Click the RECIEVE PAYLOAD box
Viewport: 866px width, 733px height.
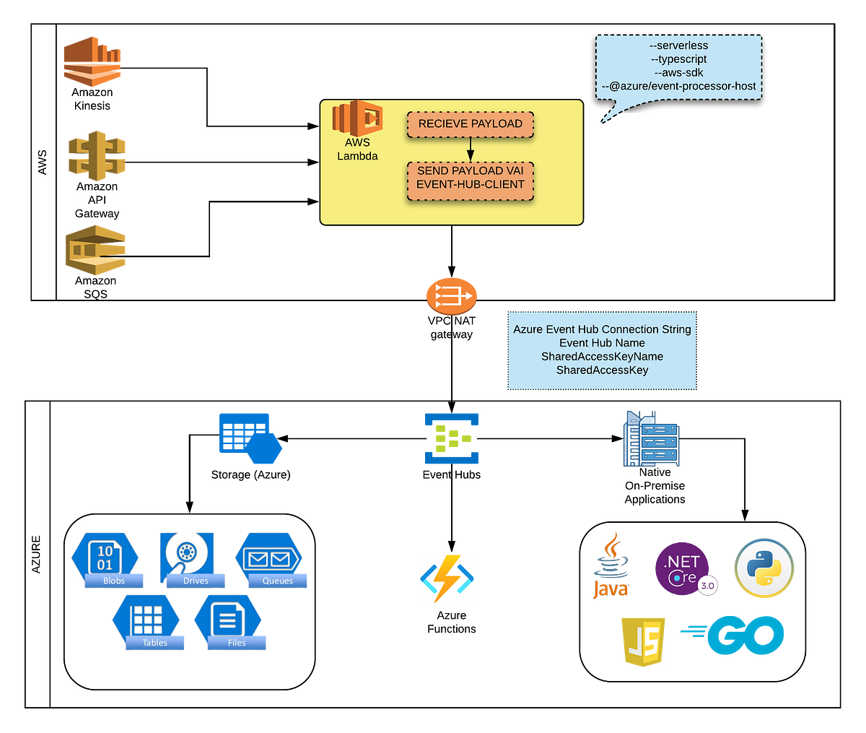pyautogui.click(x=470, y=124)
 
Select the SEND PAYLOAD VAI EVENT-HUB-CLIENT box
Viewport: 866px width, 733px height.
pyautogui.click(x=470, y=178)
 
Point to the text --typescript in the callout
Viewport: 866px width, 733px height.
pyautogui.click(x=678, y=59)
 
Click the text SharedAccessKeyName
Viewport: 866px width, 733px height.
pyautogui.click(x=602, y=357)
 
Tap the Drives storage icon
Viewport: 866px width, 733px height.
pyautogui.click(x=187, y=558)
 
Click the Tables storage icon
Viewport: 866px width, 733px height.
pyautogui.click(x=146, y=620)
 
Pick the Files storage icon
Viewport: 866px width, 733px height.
pyautogui.click(x=228, y=620)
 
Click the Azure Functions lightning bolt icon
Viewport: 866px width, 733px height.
pyautogui.click(x=447, y=578)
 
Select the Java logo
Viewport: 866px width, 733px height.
pyautogui.click(x=611, y=567)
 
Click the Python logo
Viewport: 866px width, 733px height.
pyautogui.click(x=764, y=568)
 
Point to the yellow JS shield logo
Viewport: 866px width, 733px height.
pyautogui.click(x=643, y=641)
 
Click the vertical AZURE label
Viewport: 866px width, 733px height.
pyautogui.click(x=38, y=555)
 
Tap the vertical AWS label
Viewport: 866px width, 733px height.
pyautogui.click(x=43, y=162)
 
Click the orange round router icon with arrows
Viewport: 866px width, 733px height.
pyautogui.click(x=451, y=295)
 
